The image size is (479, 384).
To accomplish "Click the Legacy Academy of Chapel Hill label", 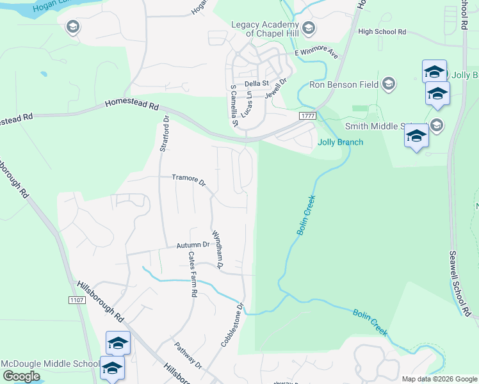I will point(266,29).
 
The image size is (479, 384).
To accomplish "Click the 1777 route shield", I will point(305,115).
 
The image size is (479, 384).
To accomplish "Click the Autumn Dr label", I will point(193,244).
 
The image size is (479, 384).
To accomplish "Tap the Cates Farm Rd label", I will point(192,274).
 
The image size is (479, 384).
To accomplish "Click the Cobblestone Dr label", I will point(233,325).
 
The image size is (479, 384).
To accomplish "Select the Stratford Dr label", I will point(163,133).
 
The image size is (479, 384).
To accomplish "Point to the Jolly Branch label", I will point(340,142).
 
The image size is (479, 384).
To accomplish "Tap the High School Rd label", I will point(382,31).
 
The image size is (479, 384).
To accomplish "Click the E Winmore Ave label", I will point(316,54).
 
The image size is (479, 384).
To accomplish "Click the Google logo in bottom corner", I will point(21,376).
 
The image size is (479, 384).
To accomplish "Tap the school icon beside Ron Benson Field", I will point(389,84).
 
